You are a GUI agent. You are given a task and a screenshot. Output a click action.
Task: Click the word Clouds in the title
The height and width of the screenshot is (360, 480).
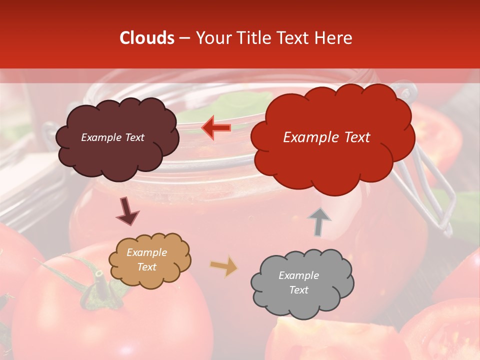pos(146,38)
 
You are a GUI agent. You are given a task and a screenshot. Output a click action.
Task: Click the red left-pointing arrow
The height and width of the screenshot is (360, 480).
pos(216,127)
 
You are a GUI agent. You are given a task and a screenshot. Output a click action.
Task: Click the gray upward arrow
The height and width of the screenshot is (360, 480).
pos(318,221)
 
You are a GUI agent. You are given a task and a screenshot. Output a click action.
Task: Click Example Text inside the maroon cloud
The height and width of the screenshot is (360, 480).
pos(112,137)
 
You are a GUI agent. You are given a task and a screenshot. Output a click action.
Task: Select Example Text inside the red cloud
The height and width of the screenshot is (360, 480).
pos(326,137)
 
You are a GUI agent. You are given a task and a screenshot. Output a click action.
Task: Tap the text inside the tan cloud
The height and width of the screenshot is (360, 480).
pos(146,260)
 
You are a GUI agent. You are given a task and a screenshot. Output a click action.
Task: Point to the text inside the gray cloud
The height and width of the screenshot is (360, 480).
pos(298,282)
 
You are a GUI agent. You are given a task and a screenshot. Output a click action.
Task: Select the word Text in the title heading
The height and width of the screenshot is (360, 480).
pos(295,38)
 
